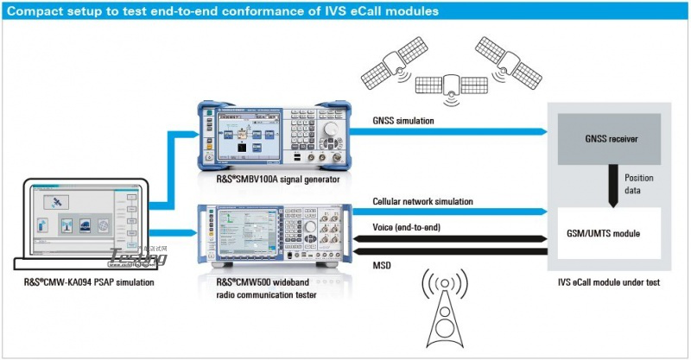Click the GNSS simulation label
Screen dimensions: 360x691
click(x=403, y=121)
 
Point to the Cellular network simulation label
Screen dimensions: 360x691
click(x=423, y=201)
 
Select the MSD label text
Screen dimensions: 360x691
click(x=382, y=265)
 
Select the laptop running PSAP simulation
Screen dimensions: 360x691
click(x=82, y=220)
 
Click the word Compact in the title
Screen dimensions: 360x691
click(x=36, y=11)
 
